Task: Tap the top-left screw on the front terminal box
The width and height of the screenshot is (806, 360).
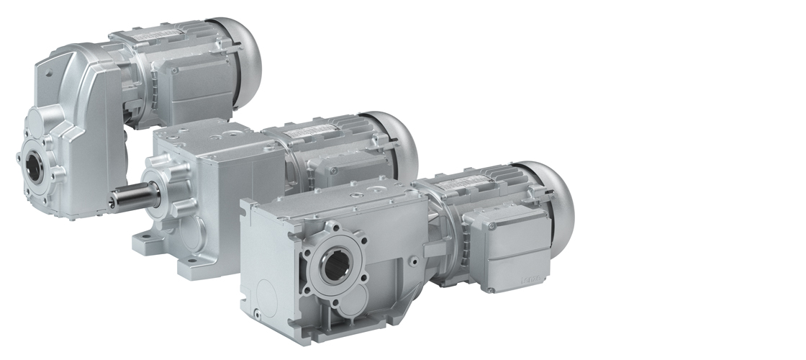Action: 469,218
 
